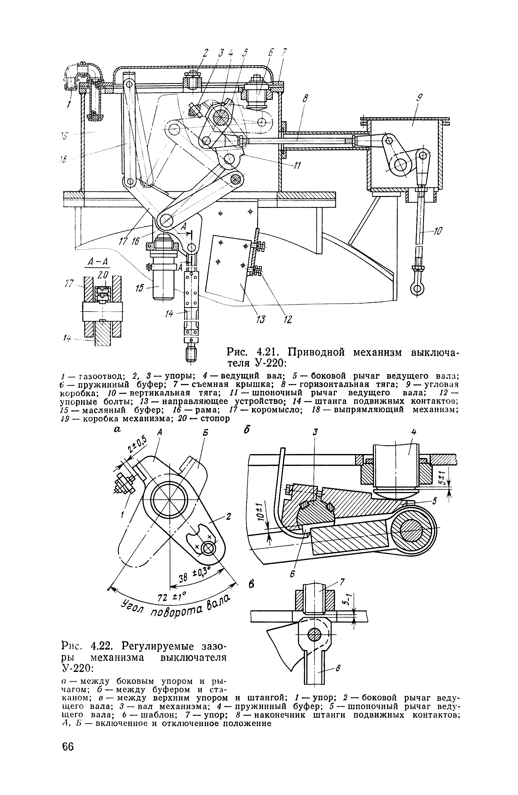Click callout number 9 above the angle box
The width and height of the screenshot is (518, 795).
(x=420, y=98)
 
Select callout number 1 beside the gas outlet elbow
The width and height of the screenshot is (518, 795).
(x=69, y=105)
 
